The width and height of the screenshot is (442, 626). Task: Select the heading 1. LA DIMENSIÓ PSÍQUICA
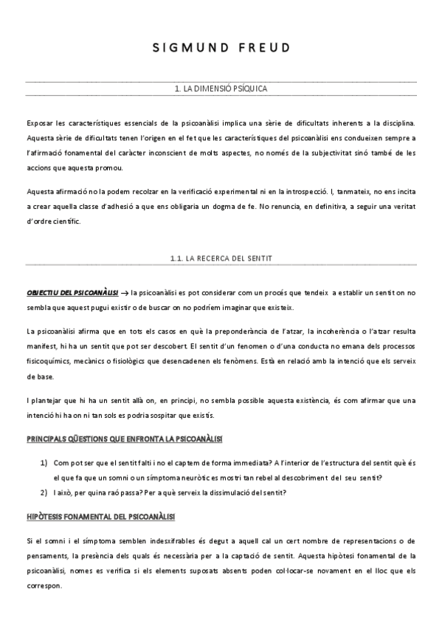(221, 89)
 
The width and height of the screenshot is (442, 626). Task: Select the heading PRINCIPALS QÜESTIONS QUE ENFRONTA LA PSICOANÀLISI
(124, 438)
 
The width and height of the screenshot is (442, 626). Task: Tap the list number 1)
(44, 462)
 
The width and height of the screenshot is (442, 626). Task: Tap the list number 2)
(44, 492)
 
